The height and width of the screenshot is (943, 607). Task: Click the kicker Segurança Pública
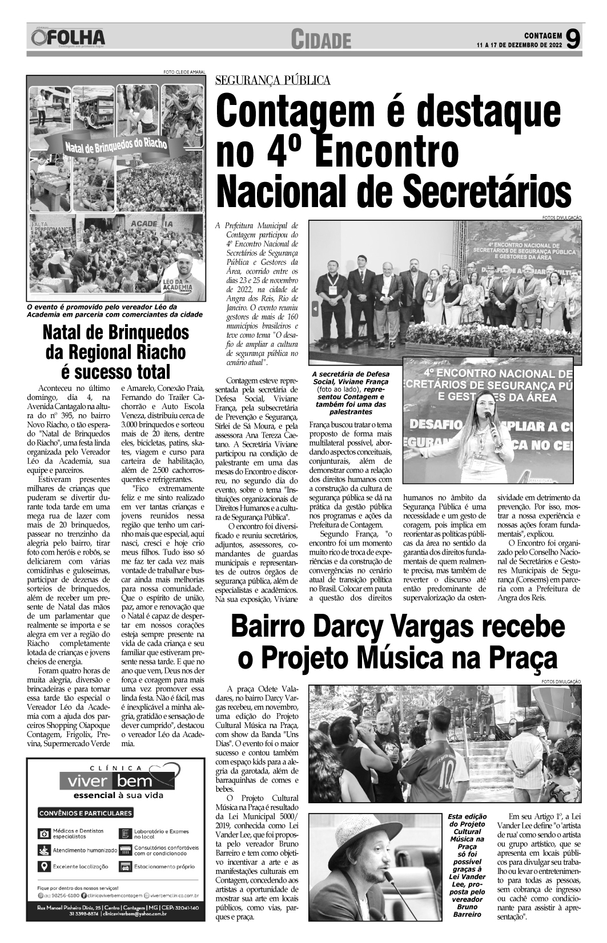click(x=272, y=80)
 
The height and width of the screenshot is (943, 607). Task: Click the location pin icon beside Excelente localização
click(x=42, y=867)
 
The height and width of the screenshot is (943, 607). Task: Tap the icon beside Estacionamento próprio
click(x=125, y=867)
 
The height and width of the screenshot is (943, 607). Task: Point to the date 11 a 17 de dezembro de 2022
click(x=520, y=44)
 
